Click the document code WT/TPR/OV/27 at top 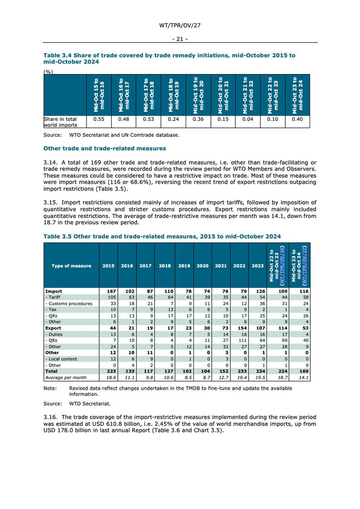tap(179, 25)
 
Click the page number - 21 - tap(179, 39)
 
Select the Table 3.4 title tap(169, 58)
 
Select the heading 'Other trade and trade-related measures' tap(104, 149)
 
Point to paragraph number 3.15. tap(51, 202)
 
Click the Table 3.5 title tap(162, 237)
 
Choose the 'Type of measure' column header tap(71, 266)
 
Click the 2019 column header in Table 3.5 tap(184, 266)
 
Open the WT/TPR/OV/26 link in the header tap(282, 266)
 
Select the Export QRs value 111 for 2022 tap(240, 340)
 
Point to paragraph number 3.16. tap(51, 417)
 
